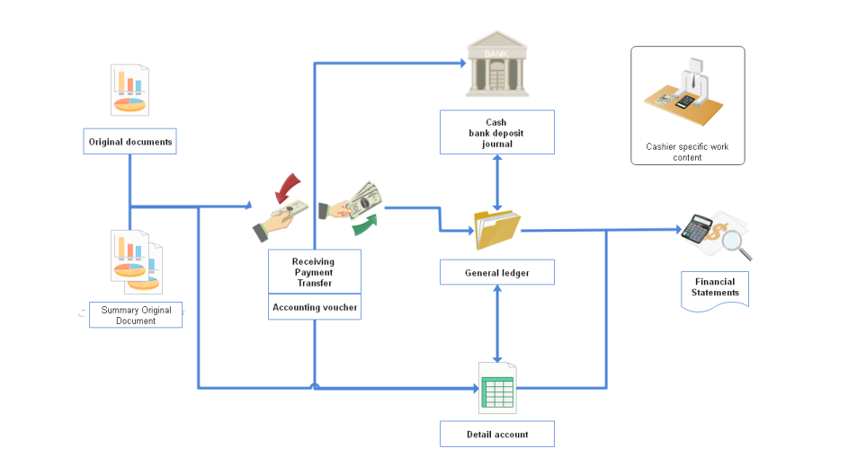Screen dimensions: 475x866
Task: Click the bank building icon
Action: coord(496,65)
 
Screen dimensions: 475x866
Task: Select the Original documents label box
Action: coord(130,142)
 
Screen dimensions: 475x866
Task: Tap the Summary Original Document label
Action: coord(136,315)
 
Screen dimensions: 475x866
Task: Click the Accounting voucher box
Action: coord(315,307)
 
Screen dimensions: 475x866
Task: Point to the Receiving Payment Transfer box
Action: coord(315,272)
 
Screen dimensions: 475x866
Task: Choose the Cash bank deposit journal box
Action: coord(496,132)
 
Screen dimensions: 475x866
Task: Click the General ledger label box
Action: coord(496,272)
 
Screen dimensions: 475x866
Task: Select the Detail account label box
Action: coord(496,434)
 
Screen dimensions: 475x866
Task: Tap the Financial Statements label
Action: coord(715,288)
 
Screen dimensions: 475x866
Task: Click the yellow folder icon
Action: coord(497,229)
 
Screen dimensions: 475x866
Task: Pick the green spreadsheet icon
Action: coord(497,390)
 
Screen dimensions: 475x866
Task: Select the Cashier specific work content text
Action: coord(687,152)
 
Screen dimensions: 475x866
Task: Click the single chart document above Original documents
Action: coord(130,90)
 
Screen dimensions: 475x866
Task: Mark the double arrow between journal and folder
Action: coord(497,180)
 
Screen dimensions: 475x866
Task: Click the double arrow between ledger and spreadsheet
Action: coord(497,321)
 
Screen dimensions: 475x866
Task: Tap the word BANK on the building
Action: coord(495,54)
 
